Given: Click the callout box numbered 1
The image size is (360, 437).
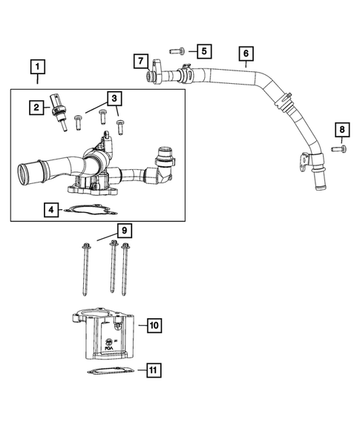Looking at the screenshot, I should click(x=35, y=67).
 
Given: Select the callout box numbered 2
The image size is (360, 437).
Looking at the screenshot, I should click(x=35, y=108).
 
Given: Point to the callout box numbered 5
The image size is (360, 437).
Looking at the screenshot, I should click(x=203, y=51).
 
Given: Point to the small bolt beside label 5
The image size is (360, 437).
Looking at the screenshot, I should click(x=177, y=51).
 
